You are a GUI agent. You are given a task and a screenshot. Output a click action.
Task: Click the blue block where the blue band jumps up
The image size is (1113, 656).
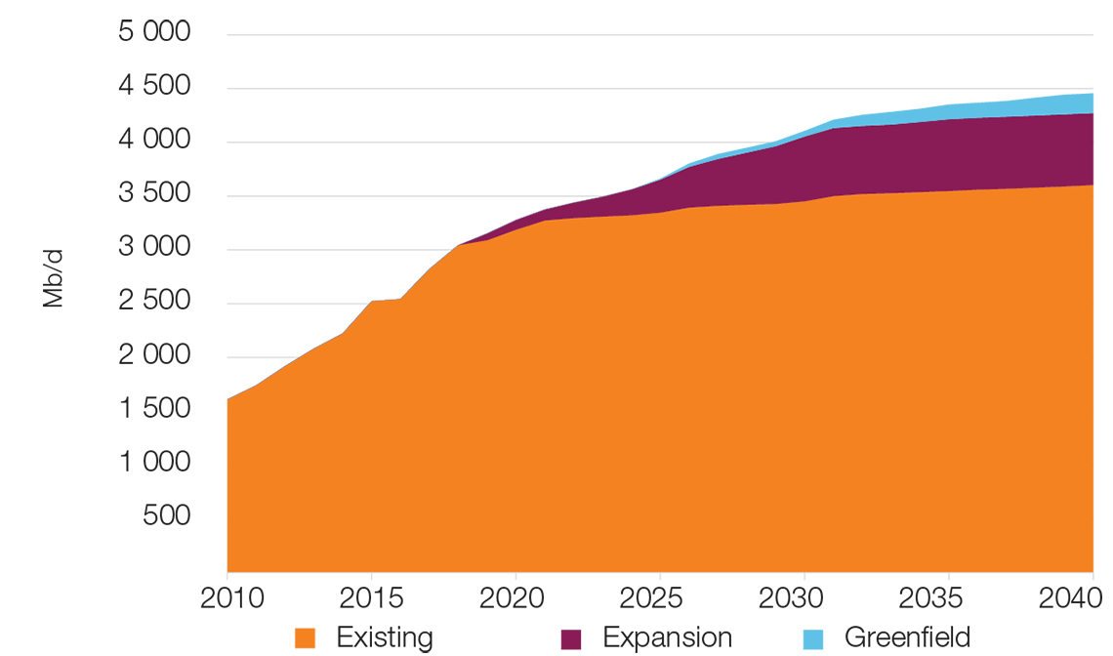789,127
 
